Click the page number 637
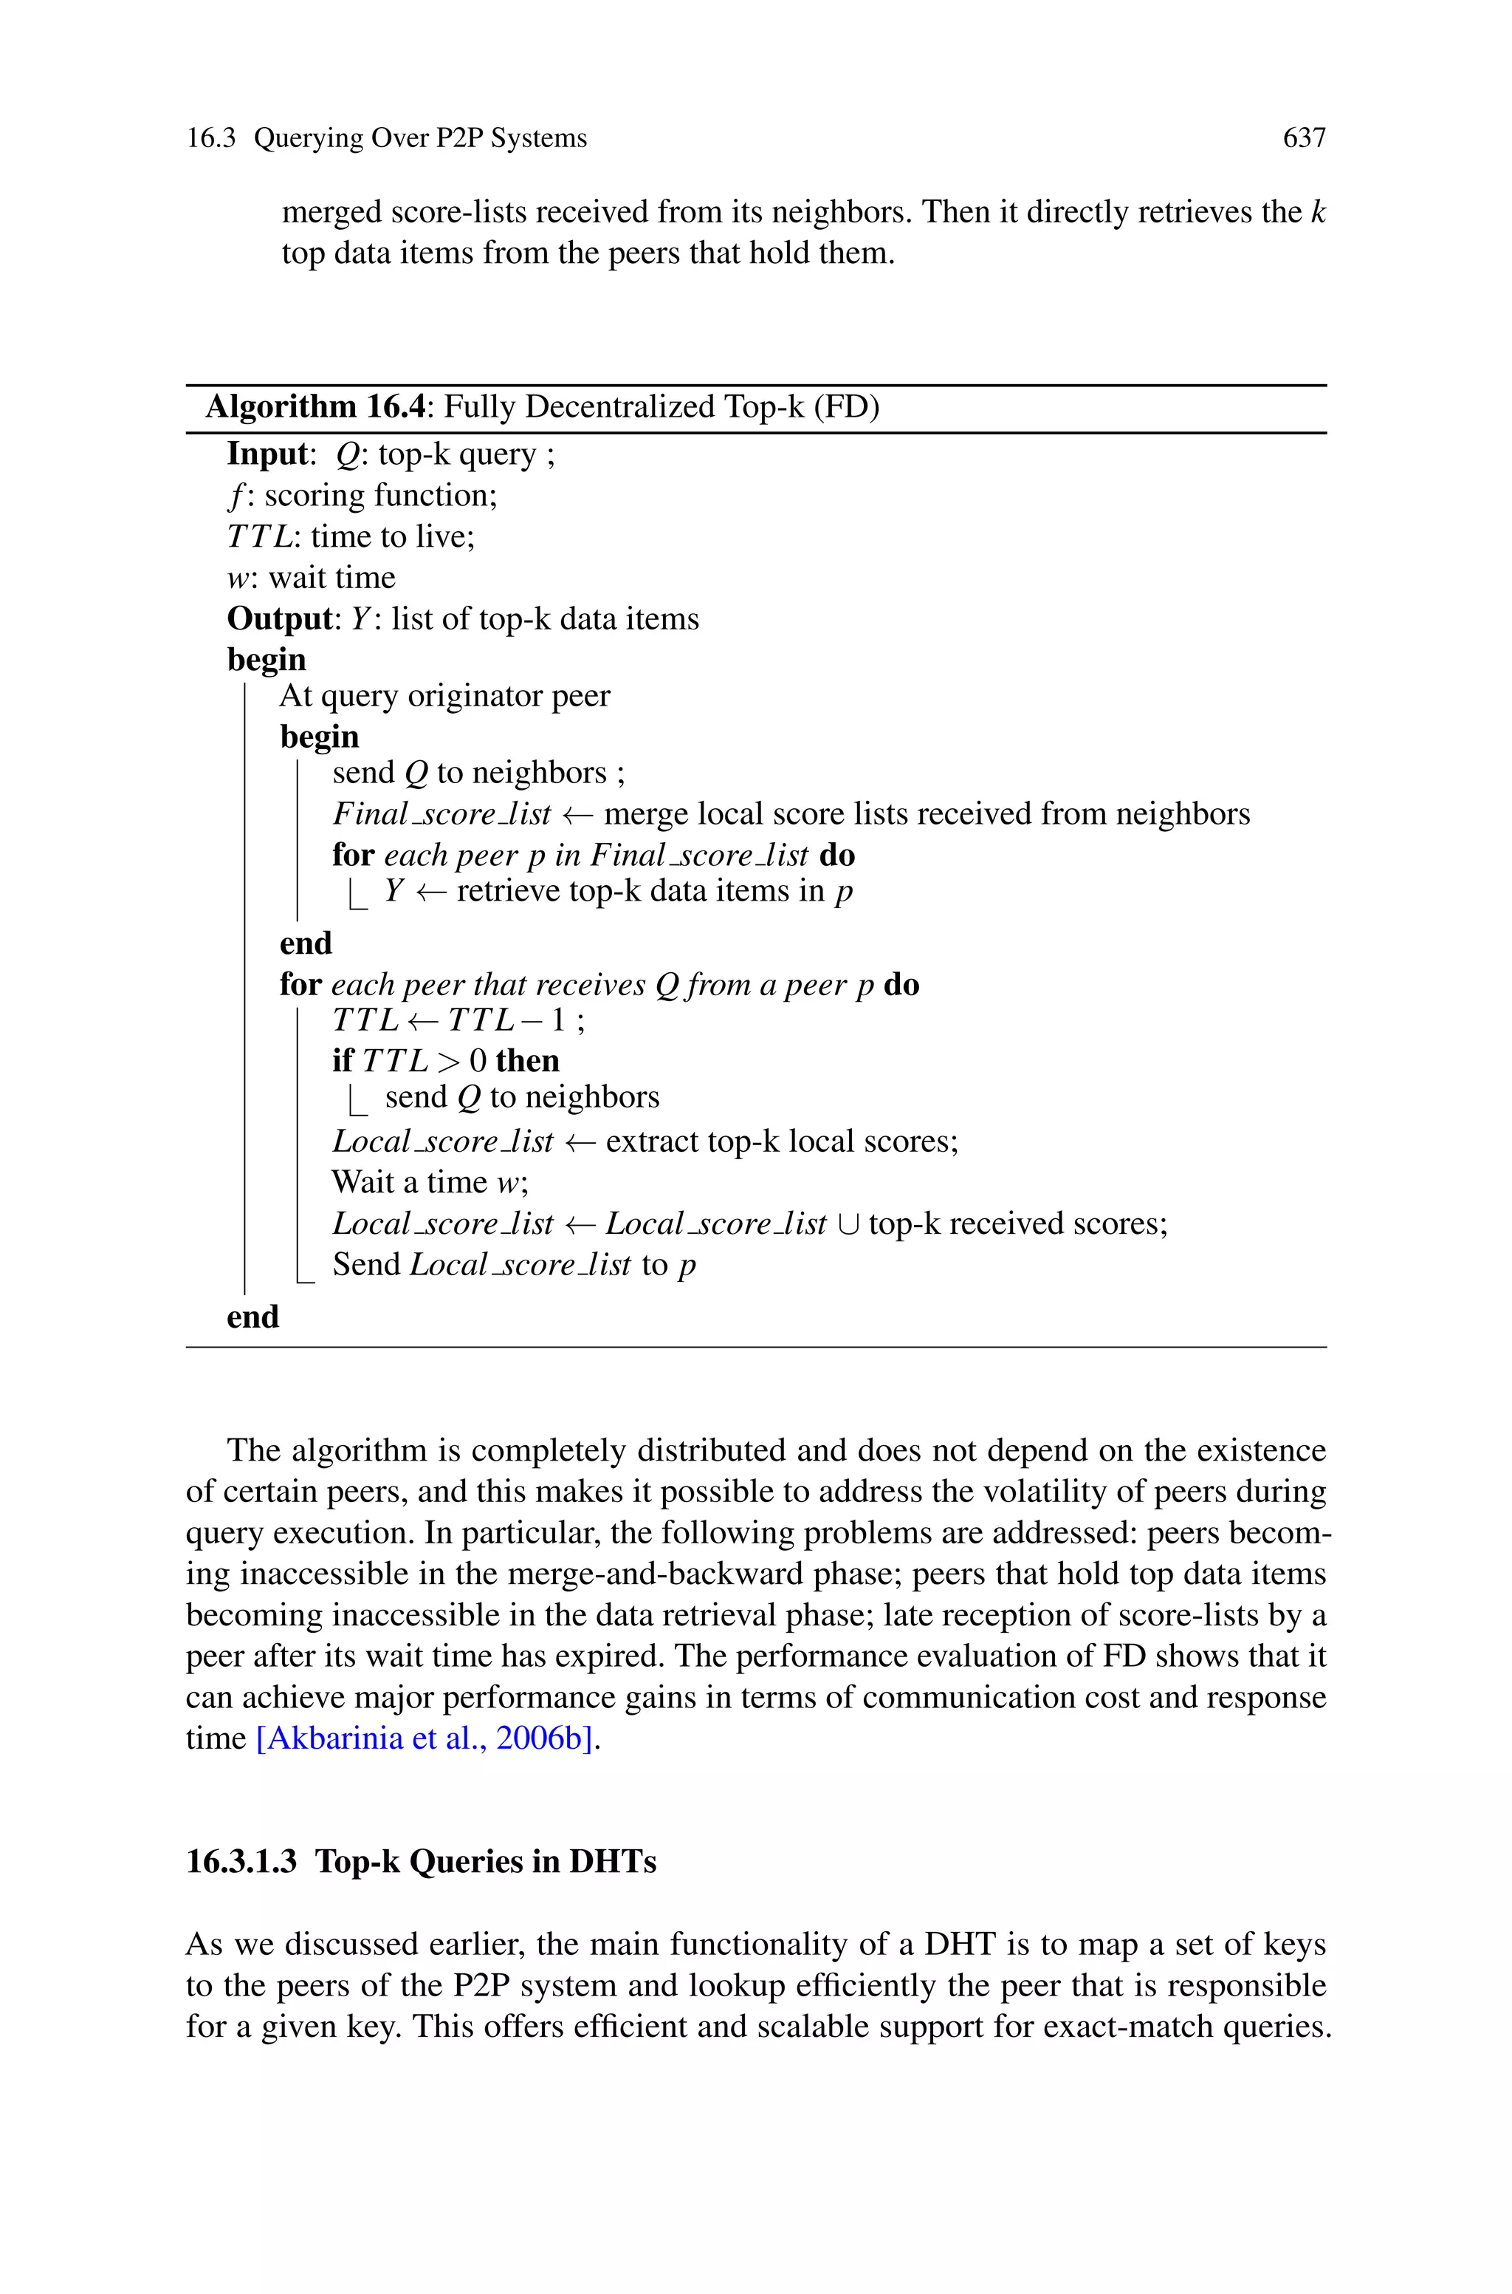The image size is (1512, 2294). (x=1304, y=139)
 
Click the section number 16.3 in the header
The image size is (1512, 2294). (x=210, y=139)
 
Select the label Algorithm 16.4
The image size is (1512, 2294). (x=315, y=407)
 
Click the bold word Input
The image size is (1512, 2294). (x=266, y=454)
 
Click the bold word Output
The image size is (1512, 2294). (x=278, y=618)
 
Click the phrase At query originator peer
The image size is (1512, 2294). (x=444, y=695)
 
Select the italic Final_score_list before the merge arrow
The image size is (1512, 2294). (x=441, y=814)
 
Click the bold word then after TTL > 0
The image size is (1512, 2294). (x=527, y=1061)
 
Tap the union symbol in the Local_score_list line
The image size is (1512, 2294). (x=848, y=1224)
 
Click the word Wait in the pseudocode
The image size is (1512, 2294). (x=360, y=1183)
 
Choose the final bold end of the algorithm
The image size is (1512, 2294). (x=252, y=1317)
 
